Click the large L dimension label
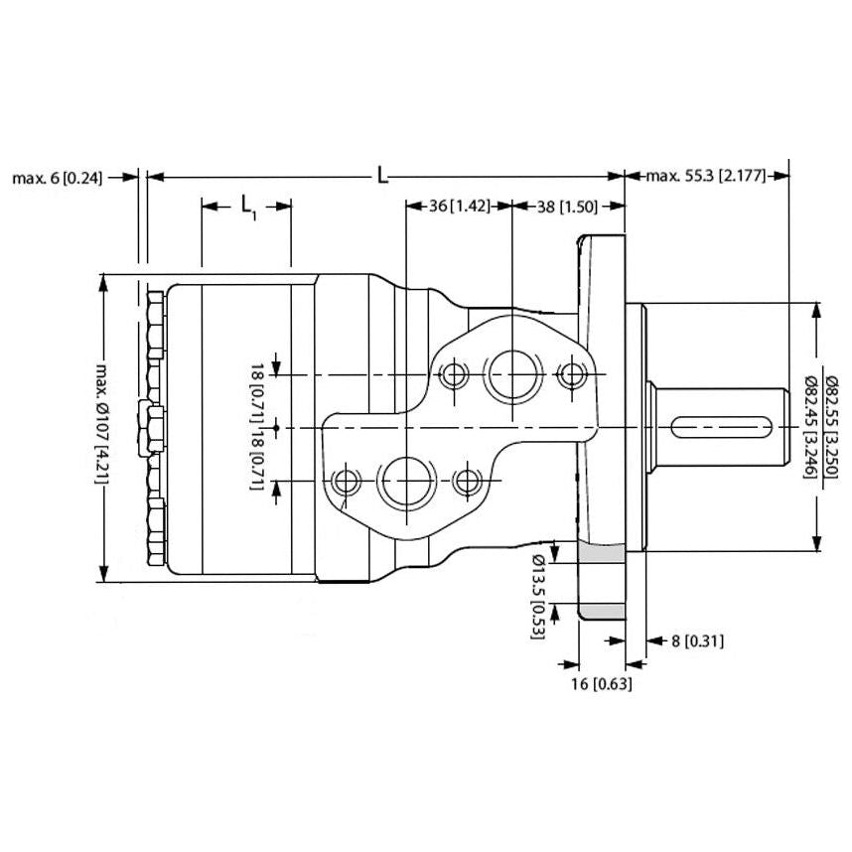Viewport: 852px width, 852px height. click(x=382, y=177)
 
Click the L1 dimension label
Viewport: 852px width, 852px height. click(x=247, y=207)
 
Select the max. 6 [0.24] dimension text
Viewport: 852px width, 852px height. click(x=58, y=178)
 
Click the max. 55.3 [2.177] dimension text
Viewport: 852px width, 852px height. click(x=705, y=178)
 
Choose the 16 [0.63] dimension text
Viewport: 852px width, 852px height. click(x=601, y=684)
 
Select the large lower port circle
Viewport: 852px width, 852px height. click(x=404, y=483)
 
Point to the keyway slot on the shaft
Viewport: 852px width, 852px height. click(x=722, y=428)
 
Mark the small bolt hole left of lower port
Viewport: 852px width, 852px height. click(x=348, y=483)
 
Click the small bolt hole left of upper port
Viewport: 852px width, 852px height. click(x=454, y=375)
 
